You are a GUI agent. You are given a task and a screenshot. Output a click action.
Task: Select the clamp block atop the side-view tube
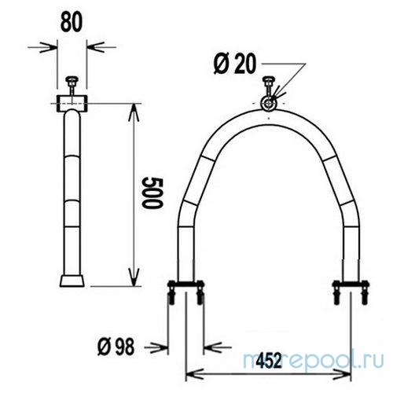(x=72, y=102)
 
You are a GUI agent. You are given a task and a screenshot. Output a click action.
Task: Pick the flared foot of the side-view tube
(x=72, y=279)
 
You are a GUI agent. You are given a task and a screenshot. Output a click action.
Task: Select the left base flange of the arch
(x=185, y=285)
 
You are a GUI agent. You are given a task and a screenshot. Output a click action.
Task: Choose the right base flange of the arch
(x=350, y=285)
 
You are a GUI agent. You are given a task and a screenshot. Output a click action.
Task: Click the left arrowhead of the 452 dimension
(x=190, y=373)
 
